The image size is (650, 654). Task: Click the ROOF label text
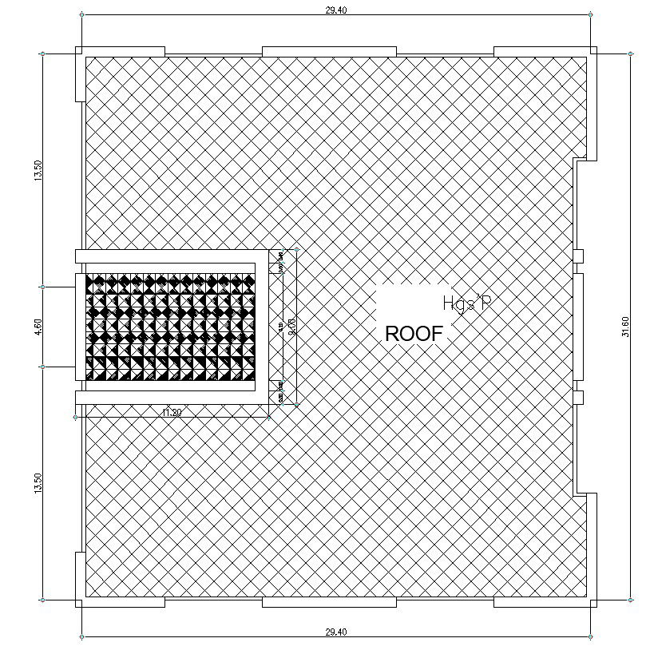click(x=413, y=334)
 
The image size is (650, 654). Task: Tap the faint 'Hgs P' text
click(x=468, y=303)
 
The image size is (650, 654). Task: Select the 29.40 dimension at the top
click(x=336, y=10)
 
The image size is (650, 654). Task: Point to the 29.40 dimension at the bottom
click(x=336, y=632)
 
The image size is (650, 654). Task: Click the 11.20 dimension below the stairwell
click(x=171, y=412)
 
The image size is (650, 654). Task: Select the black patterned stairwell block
click(x=169, y=327)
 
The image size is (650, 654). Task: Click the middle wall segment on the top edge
click(x=329, y=52)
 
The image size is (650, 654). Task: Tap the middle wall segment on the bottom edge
click(x=329, y=602)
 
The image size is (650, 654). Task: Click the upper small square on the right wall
click(x=579, y=256)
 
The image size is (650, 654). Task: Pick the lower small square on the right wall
click(x=579, y=397)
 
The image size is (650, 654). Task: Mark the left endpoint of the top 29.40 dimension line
click(x=81, y=14)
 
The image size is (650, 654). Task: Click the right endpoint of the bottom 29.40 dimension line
click(x=591, y=636)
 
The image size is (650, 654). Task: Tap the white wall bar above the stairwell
click(x=172, y=256)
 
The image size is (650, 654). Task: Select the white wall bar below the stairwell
click(x=172, y=397)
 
